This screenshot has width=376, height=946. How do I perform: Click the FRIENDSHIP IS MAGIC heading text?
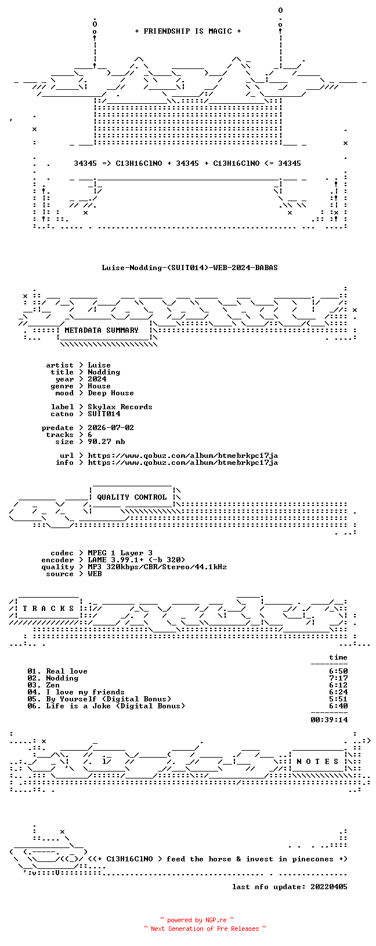(188, 31)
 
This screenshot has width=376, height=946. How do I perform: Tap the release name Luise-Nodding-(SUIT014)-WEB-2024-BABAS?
(190, 268)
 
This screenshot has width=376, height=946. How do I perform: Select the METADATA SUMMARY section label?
(102, 330)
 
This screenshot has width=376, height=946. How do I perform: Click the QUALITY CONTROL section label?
(132, 497)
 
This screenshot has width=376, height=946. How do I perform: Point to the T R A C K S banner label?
(48, 609)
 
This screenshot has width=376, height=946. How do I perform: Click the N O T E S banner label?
(317, 762)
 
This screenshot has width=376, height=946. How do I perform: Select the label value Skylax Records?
(120, 407)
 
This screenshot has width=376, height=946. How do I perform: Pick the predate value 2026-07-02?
(111, 428)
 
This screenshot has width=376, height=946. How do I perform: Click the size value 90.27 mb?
(106, 442)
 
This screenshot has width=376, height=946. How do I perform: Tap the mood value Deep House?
(111, 393)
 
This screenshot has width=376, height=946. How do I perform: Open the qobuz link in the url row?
(183, 456)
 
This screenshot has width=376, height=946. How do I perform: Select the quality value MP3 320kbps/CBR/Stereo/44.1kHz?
(157, 567)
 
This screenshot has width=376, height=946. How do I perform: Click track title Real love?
(67, 671)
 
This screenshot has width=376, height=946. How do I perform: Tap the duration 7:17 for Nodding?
(338, 678)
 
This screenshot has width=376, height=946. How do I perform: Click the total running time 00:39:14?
(329, 719)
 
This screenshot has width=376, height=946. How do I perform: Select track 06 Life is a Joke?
(106, 705)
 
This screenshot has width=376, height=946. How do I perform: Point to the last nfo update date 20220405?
(329, 887)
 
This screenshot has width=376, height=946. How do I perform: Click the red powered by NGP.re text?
(197, 920)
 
